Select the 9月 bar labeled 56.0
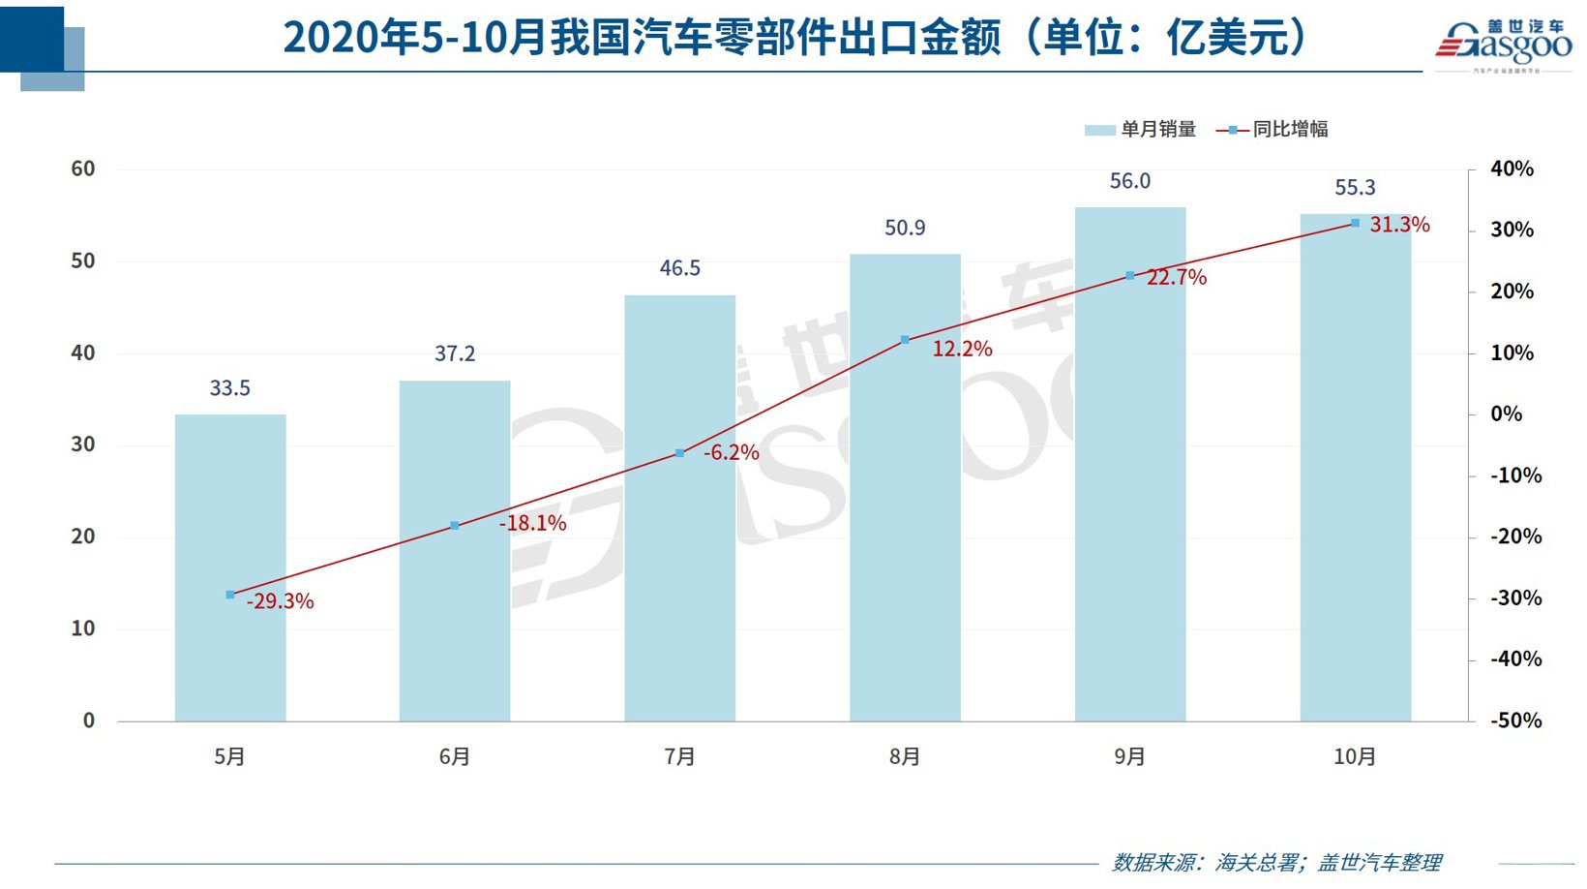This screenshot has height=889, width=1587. click(x=1130, y=465)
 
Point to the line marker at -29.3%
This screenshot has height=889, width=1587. click(x=230, y=595)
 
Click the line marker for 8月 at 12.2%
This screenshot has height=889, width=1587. click(x=905, y=340)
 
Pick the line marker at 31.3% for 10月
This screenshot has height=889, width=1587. click(x=1355, y=223)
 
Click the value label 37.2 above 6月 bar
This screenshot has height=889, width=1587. click(x=455, y=353)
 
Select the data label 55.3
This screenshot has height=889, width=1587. click(x=1355, y=188)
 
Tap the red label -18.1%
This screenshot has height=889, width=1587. click(x=533, y=523)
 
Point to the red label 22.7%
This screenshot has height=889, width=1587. click(x=1177, y=277)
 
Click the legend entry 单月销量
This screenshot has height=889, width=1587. click(x=1142, y=129)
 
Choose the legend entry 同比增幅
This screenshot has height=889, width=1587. click(x=1273, y=129)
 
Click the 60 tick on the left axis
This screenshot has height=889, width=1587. click(x=83, y=169)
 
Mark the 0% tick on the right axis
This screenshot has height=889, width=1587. click(x=1506, y=414)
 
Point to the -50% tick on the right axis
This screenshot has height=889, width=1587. click(x=1515, y=720)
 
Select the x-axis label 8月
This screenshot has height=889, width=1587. click(x=905, y=756)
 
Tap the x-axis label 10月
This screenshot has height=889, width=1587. click(x=1355, y=756)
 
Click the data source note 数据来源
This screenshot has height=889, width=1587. click(x=1276, y=862)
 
